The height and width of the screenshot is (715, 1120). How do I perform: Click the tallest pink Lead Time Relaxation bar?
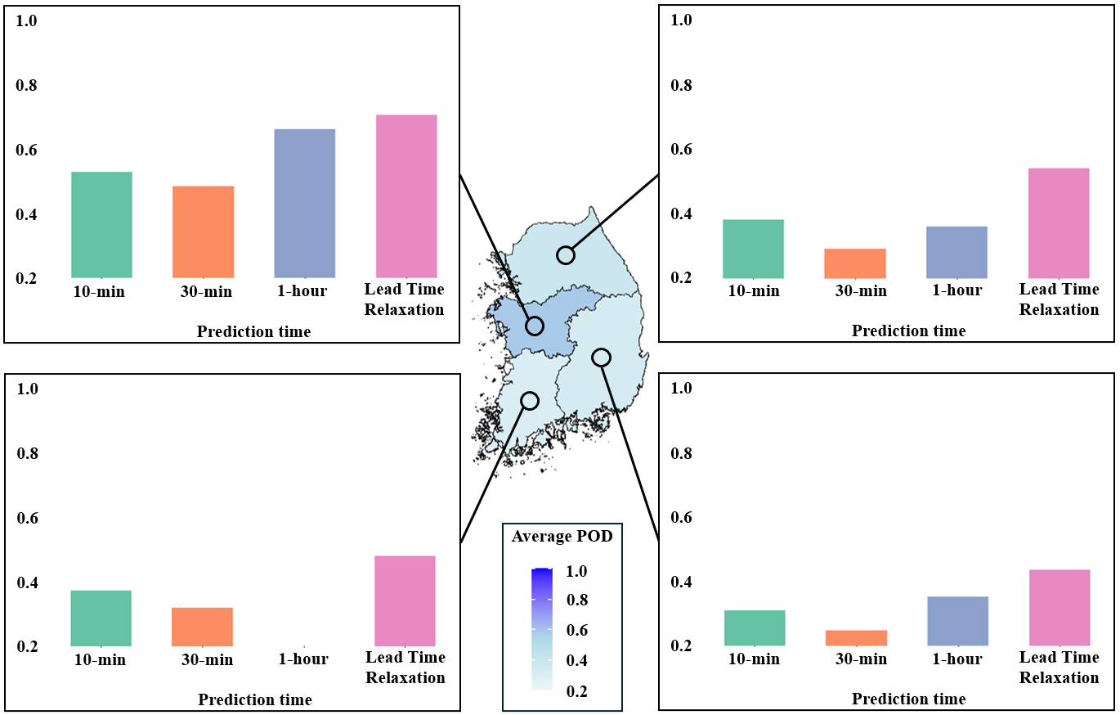coord(406,196)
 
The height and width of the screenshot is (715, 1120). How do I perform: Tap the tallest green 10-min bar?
coord(101,225)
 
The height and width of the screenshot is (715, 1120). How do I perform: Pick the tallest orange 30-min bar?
coord(203,232)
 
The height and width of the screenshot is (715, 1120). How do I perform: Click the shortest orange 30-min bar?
coord(855,638)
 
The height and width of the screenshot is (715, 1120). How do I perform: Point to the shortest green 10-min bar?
coord(754,628)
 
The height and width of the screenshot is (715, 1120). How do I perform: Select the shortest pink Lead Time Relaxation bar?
coord(1059,608)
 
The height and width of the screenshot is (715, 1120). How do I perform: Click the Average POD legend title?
coord(562,537)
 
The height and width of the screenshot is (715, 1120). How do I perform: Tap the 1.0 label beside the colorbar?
coord(576,571)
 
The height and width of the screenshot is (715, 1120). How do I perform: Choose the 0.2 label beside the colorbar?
coord(576,691)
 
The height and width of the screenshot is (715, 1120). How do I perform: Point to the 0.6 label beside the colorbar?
coord(576,631)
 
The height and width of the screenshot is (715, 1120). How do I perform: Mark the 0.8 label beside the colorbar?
coord(576,600)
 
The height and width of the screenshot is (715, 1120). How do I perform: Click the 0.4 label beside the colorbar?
coord(576,661)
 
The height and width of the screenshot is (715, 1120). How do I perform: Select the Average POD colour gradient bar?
coord(541,629)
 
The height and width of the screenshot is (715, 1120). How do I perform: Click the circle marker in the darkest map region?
coord(535,326)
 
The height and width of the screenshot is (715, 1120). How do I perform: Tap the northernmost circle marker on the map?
coord(566,255)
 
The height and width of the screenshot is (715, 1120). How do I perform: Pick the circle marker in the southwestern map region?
coord(530,401)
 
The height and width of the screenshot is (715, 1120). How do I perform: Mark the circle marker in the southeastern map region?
coord(601,357)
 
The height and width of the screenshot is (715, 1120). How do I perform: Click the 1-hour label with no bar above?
coord(303,659)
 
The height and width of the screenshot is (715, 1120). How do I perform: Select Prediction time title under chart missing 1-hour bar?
coord(254,700)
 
